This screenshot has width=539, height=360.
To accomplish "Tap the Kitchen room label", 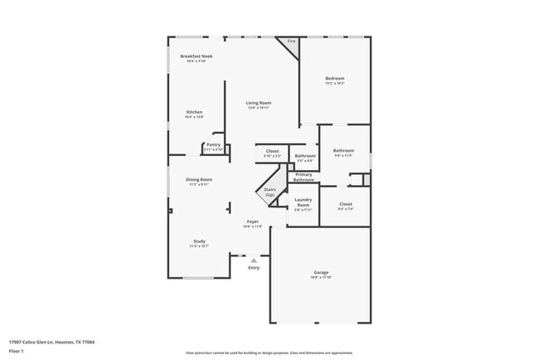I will [x=194, y=113].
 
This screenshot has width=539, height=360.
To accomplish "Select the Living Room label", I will [x=258, y=103].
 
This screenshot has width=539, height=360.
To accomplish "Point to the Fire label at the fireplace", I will [x=290, y=41].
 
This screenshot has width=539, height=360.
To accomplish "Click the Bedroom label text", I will [x=334, y=79].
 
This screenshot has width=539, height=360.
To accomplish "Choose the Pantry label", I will [x=213, y=146].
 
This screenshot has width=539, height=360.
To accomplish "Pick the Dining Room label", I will [x=198, y=180].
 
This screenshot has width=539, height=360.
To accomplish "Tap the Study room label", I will [x=198, y=241].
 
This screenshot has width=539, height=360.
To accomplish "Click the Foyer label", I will [x=253, y=221].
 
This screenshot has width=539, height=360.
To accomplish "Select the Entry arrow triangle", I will [x=254, y=260].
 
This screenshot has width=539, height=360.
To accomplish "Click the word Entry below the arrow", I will [x=254, y=267].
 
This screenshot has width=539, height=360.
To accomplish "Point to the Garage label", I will [x=321, y=273].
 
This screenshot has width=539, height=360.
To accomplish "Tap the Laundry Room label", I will [x=303, y=203].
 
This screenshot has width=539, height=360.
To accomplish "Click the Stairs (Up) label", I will [x=269, y=192].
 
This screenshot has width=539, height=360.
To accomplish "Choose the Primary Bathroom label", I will [x=303, y=177].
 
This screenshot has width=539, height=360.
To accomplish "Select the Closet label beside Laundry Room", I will [x=345, y=204].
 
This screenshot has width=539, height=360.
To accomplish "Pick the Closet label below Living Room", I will [x=272, y=151].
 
